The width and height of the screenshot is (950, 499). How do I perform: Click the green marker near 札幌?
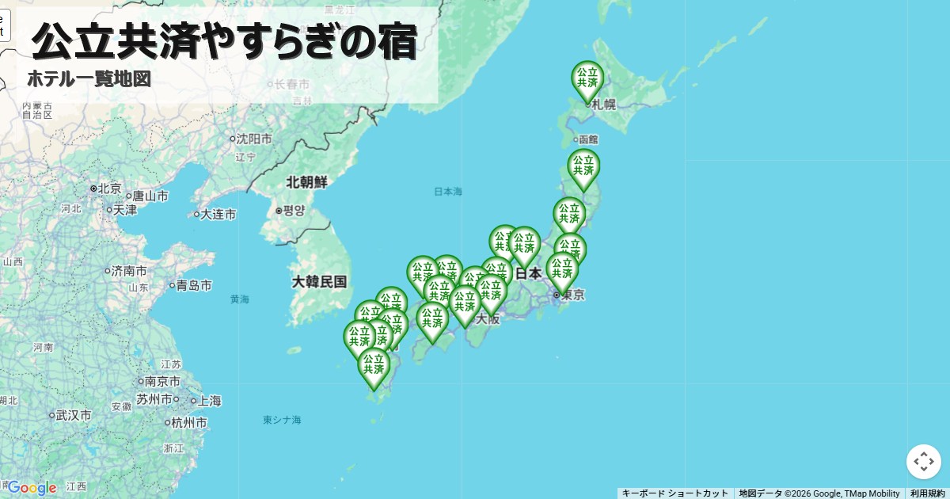587,80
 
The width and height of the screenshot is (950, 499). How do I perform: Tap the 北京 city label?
109,189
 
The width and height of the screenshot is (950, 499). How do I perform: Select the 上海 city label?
209,401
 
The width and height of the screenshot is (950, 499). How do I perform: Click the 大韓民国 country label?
319,281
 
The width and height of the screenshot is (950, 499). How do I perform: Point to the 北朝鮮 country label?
306,181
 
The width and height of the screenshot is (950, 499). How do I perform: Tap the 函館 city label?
588,139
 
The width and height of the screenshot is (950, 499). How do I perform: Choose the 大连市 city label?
218,214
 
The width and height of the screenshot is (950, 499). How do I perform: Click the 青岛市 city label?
193,285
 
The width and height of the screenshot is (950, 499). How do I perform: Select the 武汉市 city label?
73,415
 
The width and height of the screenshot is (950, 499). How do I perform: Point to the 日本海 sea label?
448,192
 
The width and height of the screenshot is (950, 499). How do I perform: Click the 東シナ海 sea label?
282,420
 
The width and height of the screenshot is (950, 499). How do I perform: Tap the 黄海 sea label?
240,299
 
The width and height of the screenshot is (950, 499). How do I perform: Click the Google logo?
32,487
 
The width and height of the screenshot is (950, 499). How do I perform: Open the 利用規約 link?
927,493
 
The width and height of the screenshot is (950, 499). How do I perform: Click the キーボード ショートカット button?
674,493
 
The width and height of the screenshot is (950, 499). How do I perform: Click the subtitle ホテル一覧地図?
89,79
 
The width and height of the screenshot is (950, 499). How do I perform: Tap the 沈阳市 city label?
254,139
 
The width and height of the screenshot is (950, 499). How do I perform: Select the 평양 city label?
294,211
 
